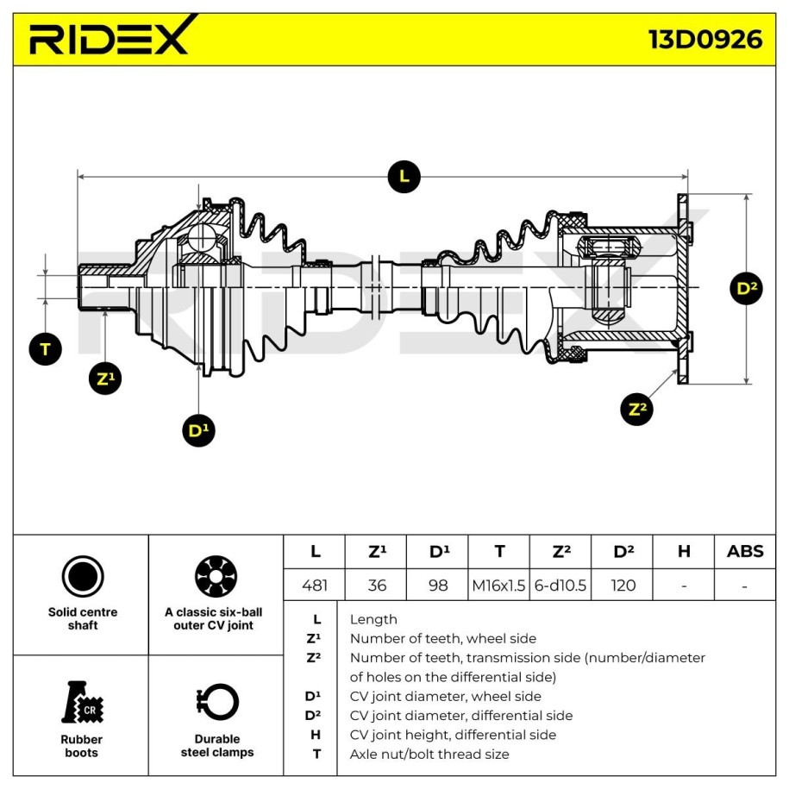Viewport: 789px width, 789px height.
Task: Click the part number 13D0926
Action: tap(705, 40)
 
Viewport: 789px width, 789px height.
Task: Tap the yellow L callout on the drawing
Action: tap(404, 177)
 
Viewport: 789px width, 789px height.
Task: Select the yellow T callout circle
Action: tap(45, 349)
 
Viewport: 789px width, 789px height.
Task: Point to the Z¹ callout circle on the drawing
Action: tap(105, 379)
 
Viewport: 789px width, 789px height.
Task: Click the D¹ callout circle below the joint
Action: tap(199, 430)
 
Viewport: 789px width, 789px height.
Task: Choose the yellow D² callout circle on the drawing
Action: tap(746, 288)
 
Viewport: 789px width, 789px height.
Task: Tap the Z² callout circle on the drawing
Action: tap(637, 410)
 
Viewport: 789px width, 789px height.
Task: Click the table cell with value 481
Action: tap(315, 585)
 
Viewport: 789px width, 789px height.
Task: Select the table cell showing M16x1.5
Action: tap(498, 585)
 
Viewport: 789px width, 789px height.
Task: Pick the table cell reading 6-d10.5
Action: tap(560, 585)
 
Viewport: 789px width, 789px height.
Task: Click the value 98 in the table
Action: tap(438, 585)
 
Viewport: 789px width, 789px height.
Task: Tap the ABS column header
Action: tap(745, 552)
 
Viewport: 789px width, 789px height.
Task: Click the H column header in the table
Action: tap(684, 552)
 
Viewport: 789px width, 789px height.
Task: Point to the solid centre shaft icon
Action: tap(83, 576)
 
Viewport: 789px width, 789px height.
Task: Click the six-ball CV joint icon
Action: tap(216, 576)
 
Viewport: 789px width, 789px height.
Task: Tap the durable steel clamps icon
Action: tap(216, 702)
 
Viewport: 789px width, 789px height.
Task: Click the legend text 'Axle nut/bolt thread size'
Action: tap(429, 755)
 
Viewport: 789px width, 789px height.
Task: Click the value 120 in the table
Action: tap(623, 585)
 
